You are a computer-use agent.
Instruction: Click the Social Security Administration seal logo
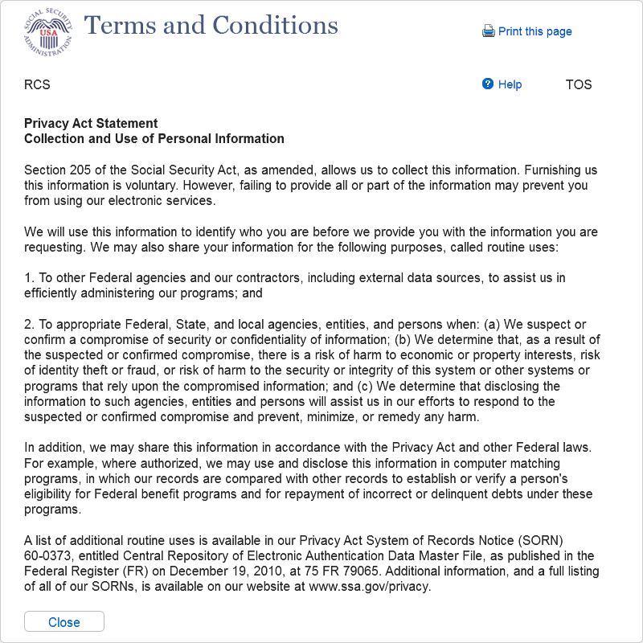coord(47,31)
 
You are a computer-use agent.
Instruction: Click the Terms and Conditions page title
coord(211,26)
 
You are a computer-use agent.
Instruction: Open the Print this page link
coord(534,31)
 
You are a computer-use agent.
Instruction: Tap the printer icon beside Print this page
coord(489,31)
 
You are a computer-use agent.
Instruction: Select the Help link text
coord(510,84)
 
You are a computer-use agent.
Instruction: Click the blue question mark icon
coord(488,84)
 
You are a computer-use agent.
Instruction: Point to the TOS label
coord(579,84)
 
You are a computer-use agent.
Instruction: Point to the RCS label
coord(37,84)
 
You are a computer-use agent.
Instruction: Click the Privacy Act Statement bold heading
coord(91,123)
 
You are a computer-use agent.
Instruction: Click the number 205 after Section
coord(82,170)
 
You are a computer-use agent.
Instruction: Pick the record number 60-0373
coord(47,555)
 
